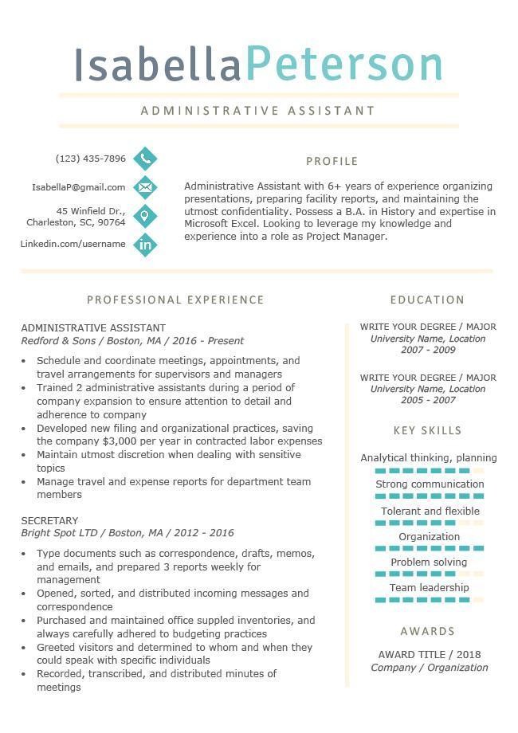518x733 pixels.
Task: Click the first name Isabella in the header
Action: [x=157, y=64]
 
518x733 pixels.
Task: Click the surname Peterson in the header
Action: [x=344, y=64]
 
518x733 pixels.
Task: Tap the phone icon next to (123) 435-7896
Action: [x=145, y=159]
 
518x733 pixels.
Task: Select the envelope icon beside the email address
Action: [x=145, y=187]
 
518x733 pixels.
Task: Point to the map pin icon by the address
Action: [x=145, y=216]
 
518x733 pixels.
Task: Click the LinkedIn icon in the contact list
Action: [x=145, y=245]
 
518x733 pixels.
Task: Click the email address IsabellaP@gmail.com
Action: [x=79, y=187]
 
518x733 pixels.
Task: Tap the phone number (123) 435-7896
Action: [x=91, y=159]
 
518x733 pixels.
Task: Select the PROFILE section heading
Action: [x=332, y=161]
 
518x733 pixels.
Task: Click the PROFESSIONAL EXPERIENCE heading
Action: [x=175, y=300]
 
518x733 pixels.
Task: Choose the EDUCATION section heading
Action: [x=427, y=300]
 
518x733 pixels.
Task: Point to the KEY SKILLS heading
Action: [x=427, y=430]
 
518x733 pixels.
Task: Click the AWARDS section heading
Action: [x=427, y=631]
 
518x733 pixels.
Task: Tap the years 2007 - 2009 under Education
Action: [x=428, y=350]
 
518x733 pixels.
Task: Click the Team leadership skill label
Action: [x=429, y=588]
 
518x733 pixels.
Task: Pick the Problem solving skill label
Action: [x=429, y=562]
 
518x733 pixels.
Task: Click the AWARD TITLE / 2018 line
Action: [x=429, y=655]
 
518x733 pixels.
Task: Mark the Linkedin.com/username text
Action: [x=73, y=244]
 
